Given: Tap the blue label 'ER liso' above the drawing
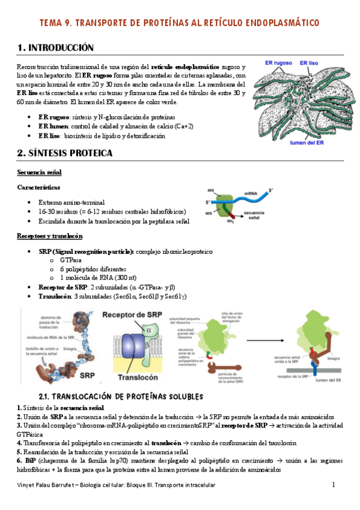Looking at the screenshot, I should [313, 62].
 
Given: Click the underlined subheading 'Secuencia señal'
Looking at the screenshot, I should [40, 173].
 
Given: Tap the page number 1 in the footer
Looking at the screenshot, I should [334, 485].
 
